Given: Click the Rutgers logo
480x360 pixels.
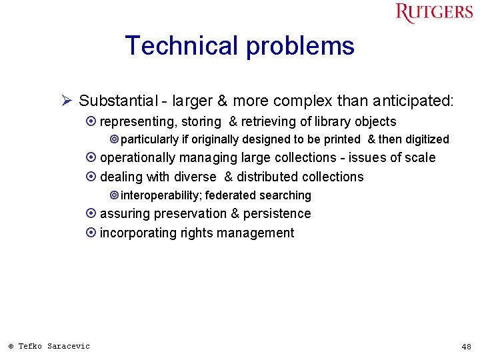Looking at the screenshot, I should pyautogui.click(x=433, y=13).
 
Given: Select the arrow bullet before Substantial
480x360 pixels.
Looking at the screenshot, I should pyautogui.click(x=67, y=101).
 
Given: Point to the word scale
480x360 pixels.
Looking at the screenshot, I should pyautogui.click(x=419, y=158).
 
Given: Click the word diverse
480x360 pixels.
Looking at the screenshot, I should pyautogui.click(x=195, y=177).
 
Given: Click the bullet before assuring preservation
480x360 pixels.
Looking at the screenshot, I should pyautogui.click(x=91, y=214).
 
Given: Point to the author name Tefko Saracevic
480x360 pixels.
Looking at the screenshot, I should pyautogui.click(x=53, y=346).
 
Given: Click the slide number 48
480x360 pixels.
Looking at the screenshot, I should pyautogui.click(x=466, y=347).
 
